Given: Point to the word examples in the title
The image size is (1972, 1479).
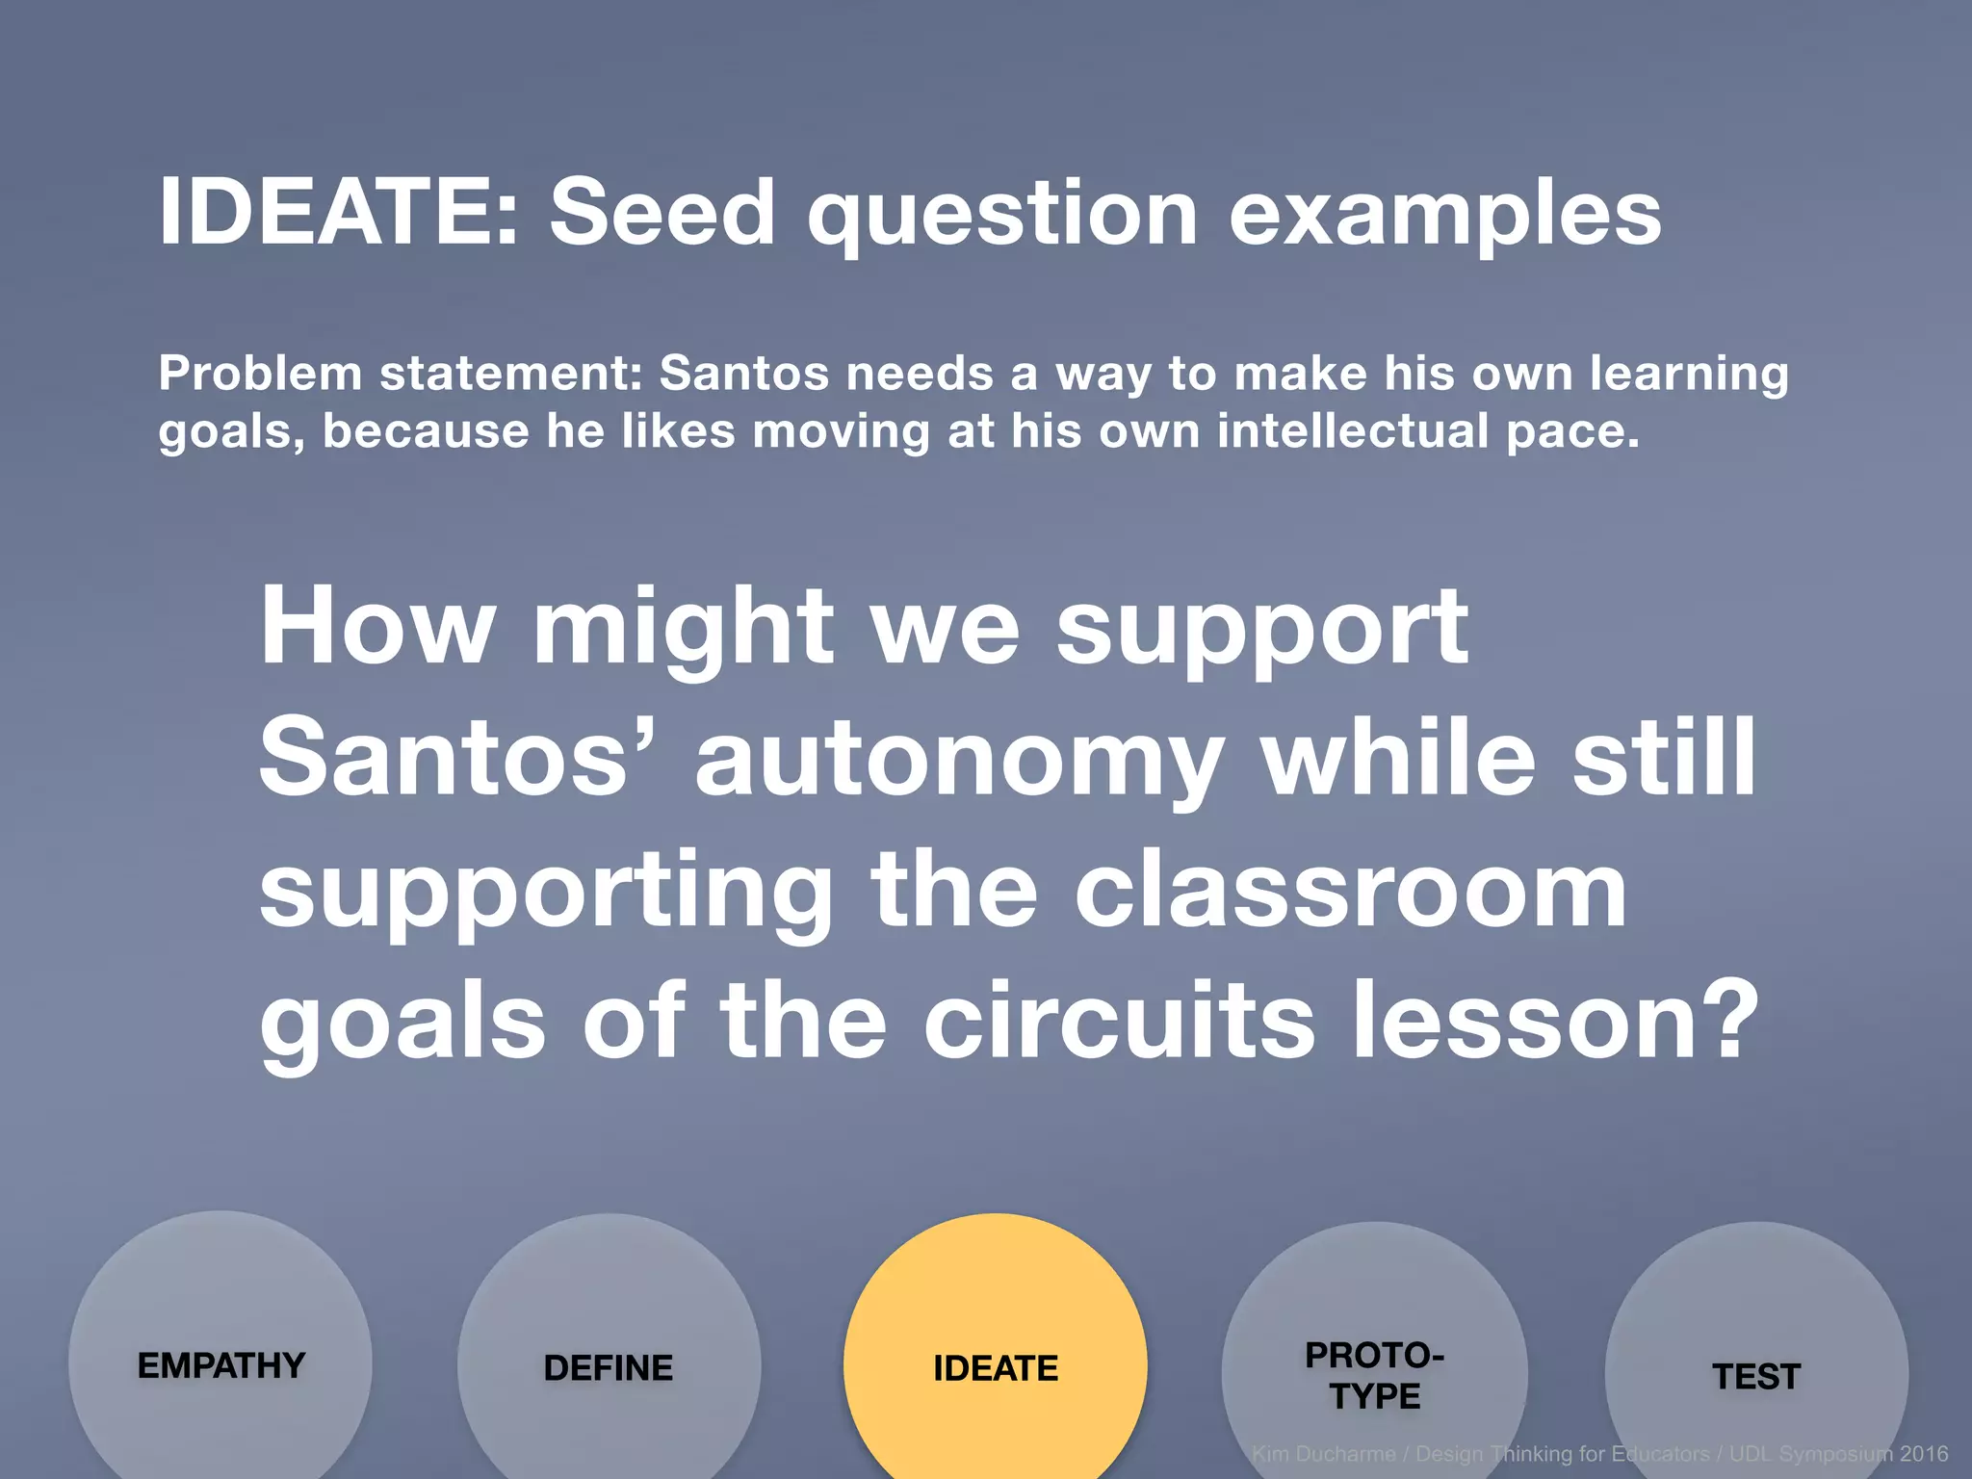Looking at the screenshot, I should coord(1445,214).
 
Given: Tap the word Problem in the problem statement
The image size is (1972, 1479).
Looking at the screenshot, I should coord(260,374).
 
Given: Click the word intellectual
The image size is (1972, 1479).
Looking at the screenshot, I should coord(1353,430).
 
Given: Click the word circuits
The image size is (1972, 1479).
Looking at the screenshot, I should coord(1119,1021).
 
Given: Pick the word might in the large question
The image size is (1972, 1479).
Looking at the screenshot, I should coord(683,628).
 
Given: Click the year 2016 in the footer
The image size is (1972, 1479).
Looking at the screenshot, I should coord(1923,1454).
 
